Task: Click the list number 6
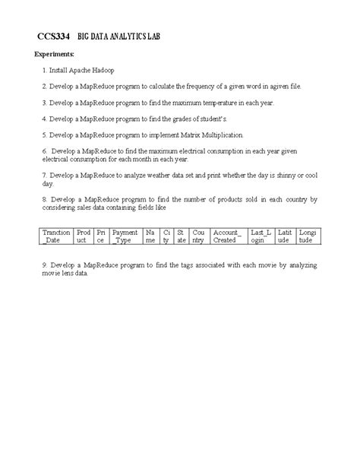[44, 152]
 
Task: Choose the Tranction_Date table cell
[56, 236]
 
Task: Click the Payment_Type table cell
[125, 236]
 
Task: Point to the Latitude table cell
[286, 236]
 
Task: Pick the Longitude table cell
[308, 236]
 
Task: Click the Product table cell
[83, 236]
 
